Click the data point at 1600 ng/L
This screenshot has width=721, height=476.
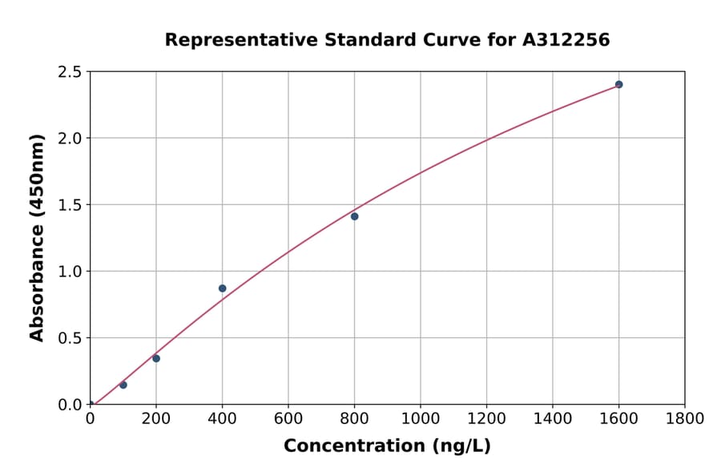pyautogui.click(x=618, y=84)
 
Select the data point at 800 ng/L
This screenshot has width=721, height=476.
pyautogui.click(x=354, y=216)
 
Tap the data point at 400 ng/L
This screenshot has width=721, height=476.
pyautogui.click(x=222, y=288)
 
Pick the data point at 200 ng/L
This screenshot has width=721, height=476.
pyautogui.click(x=156, y=358)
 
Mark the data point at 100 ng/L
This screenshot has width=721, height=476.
pyautogui.click(x=123, y=385)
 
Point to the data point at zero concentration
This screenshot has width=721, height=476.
pyautogui.click(x=90, y=404)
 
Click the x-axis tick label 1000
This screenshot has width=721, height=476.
pyautogui.click(x=421, y=418)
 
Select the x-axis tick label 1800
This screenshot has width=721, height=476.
pyautogui.click(x=684, y=418)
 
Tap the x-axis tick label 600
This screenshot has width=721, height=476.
pyautogui.click(x=288, y=418)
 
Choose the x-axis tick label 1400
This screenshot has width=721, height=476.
pyautogui.click(x=553, y=418)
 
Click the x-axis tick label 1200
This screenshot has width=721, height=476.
pyautogui.click(x=486, y=418)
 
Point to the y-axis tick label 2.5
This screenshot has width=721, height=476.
pyautogui.click(x=69, y=72)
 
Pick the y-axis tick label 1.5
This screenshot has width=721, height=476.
pyautogui.click(x=69, y=205)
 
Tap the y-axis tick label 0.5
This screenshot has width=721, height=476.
pyautogui.click(x=69, y=338)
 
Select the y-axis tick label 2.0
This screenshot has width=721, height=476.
pyautogui.click(x=69, y=139)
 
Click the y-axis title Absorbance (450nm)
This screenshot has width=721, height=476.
pyautogui.click(x=37, y=238)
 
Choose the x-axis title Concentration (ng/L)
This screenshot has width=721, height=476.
pyautogui.click(x=387, y=446)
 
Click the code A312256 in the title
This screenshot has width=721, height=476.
pyautogui.click(x=566, y=40)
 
